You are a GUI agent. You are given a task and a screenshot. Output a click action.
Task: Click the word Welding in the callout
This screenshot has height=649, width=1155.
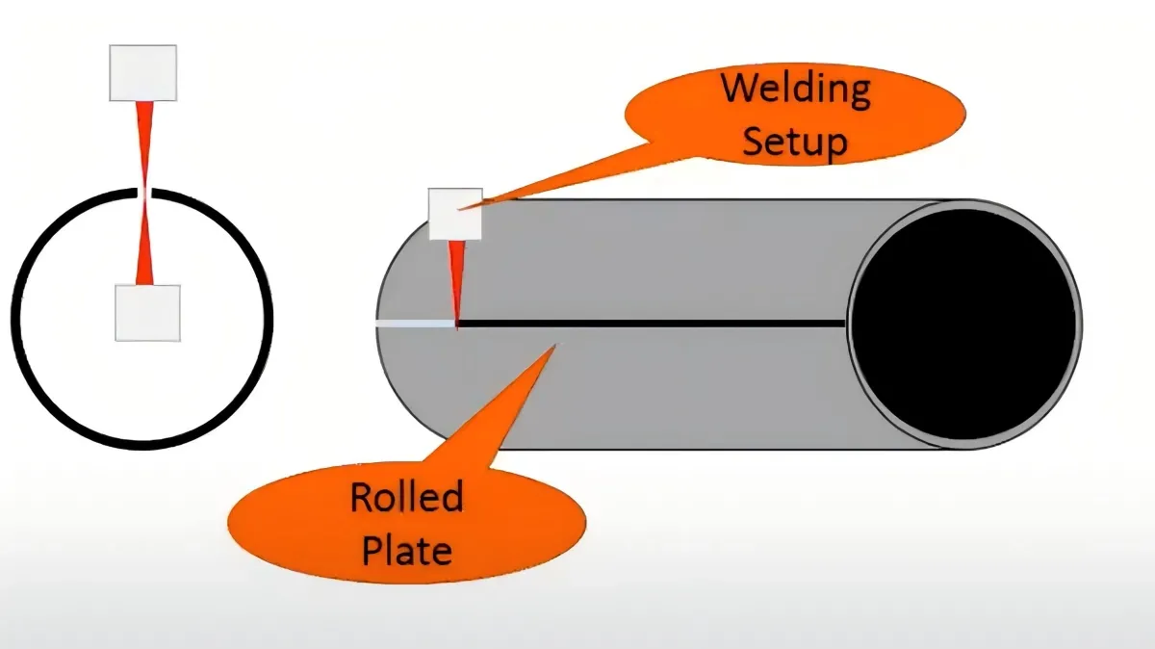click(796, 89)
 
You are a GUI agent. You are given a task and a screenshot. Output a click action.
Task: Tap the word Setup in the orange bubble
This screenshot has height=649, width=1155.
click(796, 142)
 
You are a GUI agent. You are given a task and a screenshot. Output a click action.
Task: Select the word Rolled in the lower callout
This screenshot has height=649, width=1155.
click(406, 498)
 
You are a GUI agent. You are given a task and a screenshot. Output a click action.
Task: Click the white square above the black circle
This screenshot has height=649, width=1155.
click(143, 72)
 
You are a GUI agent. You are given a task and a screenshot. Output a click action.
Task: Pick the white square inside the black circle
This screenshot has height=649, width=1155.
click(147, 313)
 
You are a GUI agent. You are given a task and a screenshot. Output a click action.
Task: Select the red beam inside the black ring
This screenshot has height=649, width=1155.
click(144, 241)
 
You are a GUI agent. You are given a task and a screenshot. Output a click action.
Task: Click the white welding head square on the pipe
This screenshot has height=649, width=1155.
click(455, 214)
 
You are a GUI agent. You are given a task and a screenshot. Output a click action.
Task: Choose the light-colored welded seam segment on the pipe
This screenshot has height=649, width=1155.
click(414, 324)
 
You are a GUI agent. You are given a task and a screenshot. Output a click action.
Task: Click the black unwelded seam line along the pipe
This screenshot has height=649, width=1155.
click(654, 324)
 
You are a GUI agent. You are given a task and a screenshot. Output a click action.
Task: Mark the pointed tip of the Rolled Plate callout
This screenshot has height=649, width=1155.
click(553, 345)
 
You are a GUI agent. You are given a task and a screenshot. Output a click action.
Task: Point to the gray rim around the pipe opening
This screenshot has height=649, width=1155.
click(1076, 323)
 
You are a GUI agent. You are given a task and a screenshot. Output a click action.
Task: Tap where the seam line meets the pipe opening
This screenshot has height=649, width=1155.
click(847, 324)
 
